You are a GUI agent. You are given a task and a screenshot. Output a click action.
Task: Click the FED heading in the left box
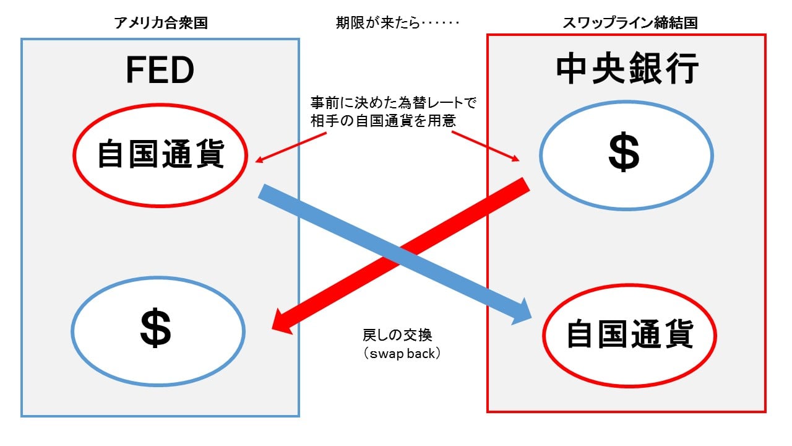click(x=160, y=71)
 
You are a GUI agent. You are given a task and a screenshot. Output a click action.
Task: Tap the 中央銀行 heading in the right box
click(x=627, y=69)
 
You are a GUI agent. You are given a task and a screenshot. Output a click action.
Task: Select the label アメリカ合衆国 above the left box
click(x=161, y=24)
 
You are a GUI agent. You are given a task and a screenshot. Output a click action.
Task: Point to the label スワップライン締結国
click(x=630, y=24)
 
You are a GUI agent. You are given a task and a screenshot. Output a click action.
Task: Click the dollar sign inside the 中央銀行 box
click(x=624, y=154)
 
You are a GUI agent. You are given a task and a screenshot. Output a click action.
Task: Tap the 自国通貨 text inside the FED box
click(x=160, y=155)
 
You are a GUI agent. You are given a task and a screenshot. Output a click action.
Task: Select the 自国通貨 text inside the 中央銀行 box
click(x=629, y=335)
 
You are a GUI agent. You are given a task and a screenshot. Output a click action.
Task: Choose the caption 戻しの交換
click(x=397, y=335)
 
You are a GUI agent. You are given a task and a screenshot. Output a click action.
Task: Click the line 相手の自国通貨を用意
click(x=384, y=121)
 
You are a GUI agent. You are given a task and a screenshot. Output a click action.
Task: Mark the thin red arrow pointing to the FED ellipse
click(x=291, y=148)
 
